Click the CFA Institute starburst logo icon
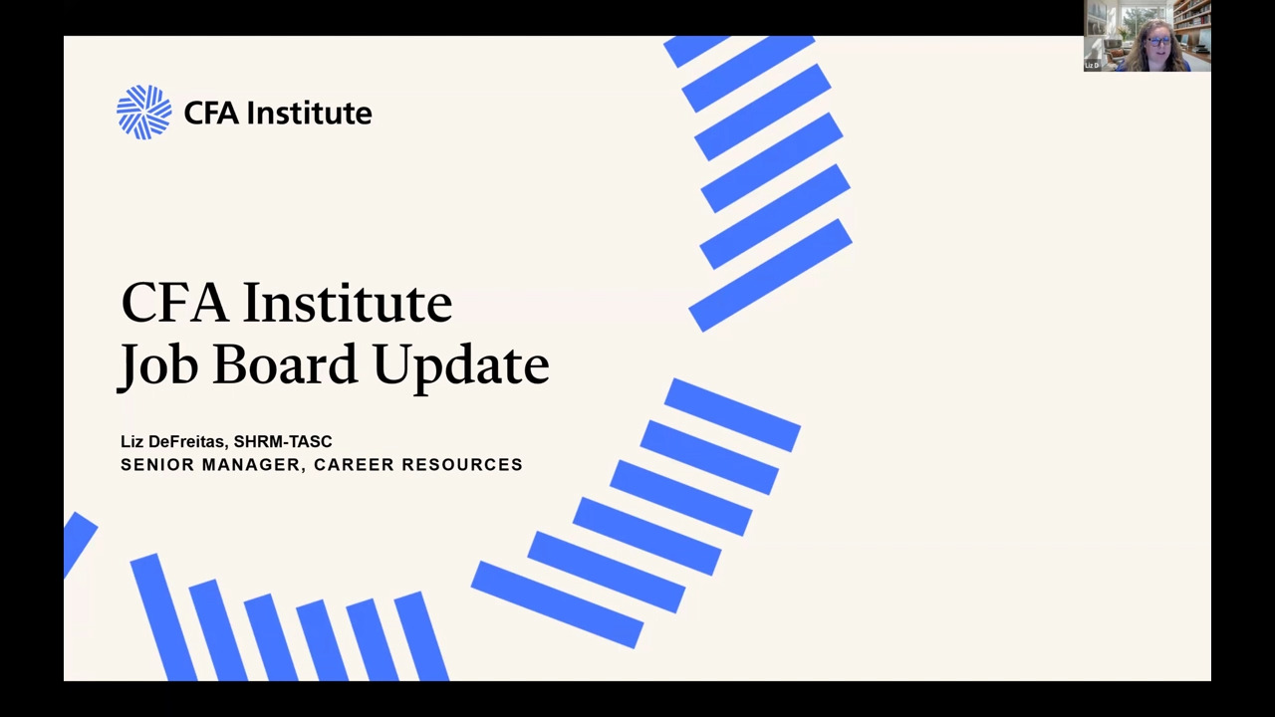point(144,113)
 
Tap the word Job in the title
point(157,365)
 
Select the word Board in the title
point(285,363)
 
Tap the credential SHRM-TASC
point(283,441)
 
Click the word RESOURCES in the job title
point(462,465)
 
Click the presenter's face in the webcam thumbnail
point(1157,43)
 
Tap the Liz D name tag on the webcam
point(1092,66)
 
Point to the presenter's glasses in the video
point(1158,41)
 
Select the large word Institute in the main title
point(348,302)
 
